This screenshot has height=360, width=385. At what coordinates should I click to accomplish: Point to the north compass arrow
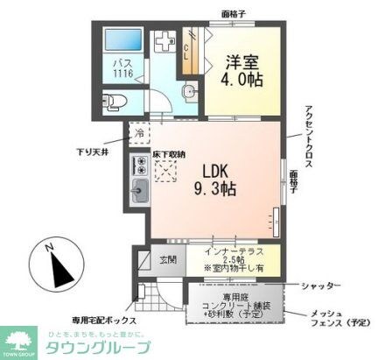coord(54,267)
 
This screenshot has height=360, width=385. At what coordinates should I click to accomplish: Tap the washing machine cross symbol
coord(164,42)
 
